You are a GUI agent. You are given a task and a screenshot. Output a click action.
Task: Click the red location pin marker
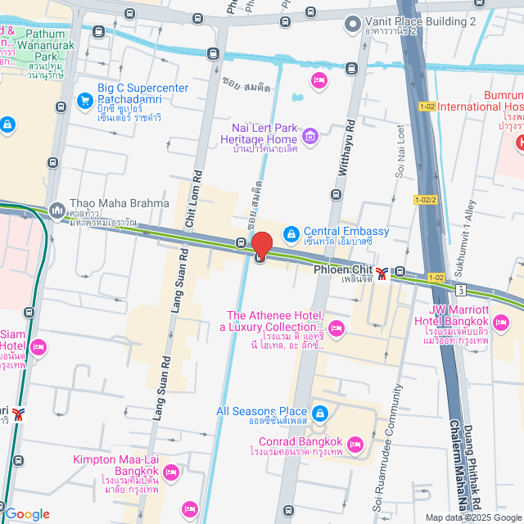tap(262, 246)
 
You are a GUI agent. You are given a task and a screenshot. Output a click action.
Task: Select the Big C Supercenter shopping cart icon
tap(84, 101)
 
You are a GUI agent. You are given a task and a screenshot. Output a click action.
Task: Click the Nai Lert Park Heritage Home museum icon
tap(309, 136)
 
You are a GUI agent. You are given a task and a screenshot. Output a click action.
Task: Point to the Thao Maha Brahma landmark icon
tap(56, 210)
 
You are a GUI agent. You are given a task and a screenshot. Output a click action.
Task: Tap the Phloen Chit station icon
tap(382, 271)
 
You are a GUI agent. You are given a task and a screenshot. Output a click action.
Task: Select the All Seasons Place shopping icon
tap(320, 412)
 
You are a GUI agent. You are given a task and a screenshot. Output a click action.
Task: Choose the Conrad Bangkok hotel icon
tap(355, 445)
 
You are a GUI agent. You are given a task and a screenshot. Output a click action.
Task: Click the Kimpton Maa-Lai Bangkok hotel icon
tap(171, 472)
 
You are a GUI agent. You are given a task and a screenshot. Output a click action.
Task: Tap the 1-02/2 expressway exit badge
tap(425, 200)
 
